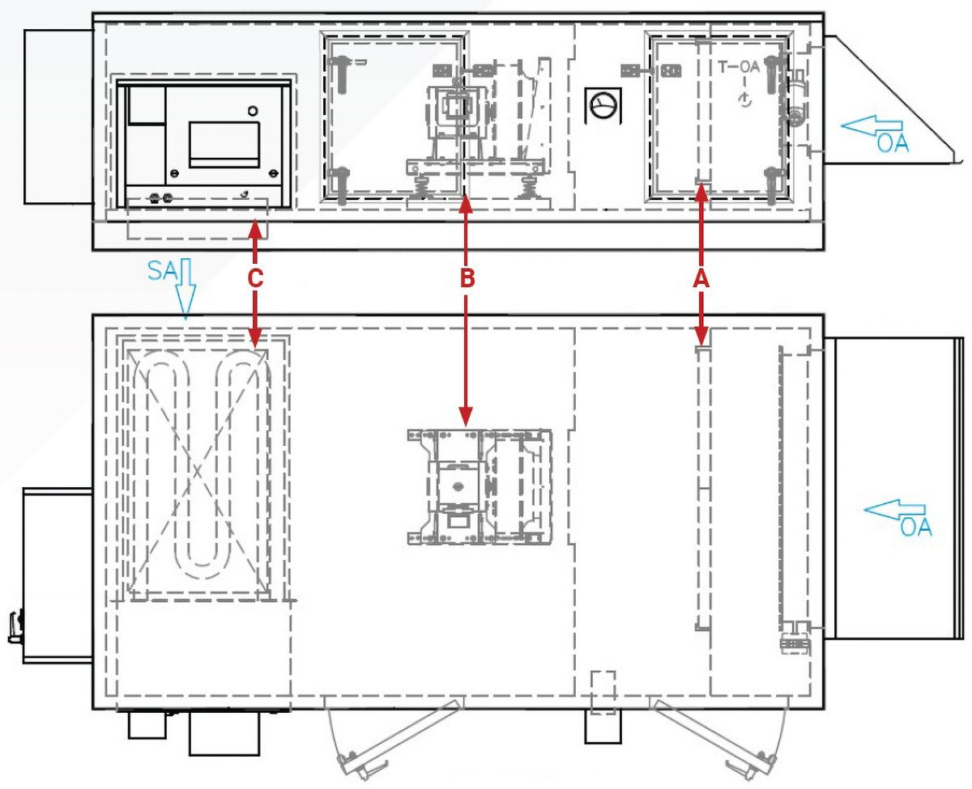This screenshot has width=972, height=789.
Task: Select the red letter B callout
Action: pyautogui.click(x=466, y=278)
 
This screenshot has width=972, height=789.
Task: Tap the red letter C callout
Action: pyautogui.click(x=255, y=278)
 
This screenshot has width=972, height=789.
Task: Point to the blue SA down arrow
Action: pyautogui.click(x=185, y=293)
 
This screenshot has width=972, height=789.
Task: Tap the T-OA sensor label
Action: pyautogui.click(x=739, y=67)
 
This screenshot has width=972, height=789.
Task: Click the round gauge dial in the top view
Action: pyautogui.click(x=602, y=105)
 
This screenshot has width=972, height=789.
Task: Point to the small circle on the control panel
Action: pyautogui.click(x=253, y=110)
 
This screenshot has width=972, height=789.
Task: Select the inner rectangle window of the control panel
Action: pyautogui.click(x=224, y=144)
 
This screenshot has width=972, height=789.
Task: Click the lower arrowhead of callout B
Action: pyautogui.click(x=466, y=418)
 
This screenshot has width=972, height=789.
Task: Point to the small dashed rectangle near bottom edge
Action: pyautogui.click(x=602, y=691)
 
